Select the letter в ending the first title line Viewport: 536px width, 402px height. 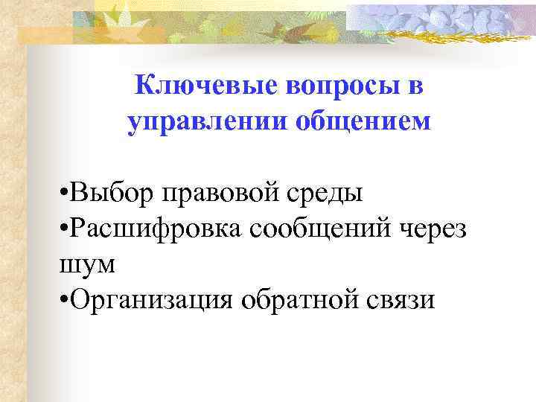click(x=415, y=87)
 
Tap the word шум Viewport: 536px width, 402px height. click(x=82, y=264)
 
